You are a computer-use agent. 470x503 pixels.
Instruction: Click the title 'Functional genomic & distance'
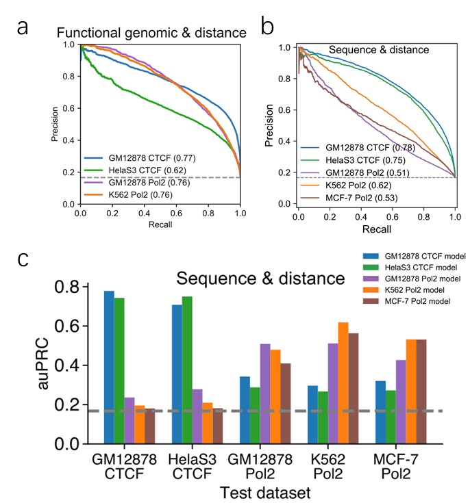coord(151,33)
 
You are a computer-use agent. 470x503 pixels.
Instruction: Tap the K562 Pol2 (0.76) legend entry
coord(137,195)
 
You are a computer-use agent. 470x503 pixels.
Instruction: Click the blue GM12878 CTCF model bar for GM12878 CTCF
coord(109,367)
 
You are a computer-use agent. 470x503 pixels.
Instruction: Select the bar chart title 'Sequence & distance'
coord(260,279)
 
